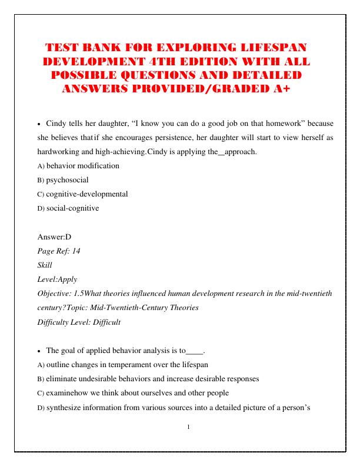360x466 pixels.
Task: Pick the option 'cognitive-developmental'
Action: pyautogui.click(x=87, y=194)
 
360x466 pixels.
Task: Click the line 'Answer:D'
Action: pyautogui.click(x=54, y=237)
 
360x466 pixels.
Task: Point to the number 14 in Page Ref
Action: pyautogui.click(x=76, y=251)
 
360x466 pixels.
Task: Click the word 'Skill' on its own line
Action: pyautogui.click(x=45, y=265)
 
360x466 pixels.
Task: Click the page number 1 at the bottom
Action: pyautogui.click(x=188, y=427)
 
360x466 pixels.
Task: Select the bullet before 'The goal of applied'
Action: pyautogui.click(x=39, y=351)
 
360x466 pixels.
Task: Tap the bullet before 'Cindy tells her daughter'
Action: pyautogui.click(x=39, y=125)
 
